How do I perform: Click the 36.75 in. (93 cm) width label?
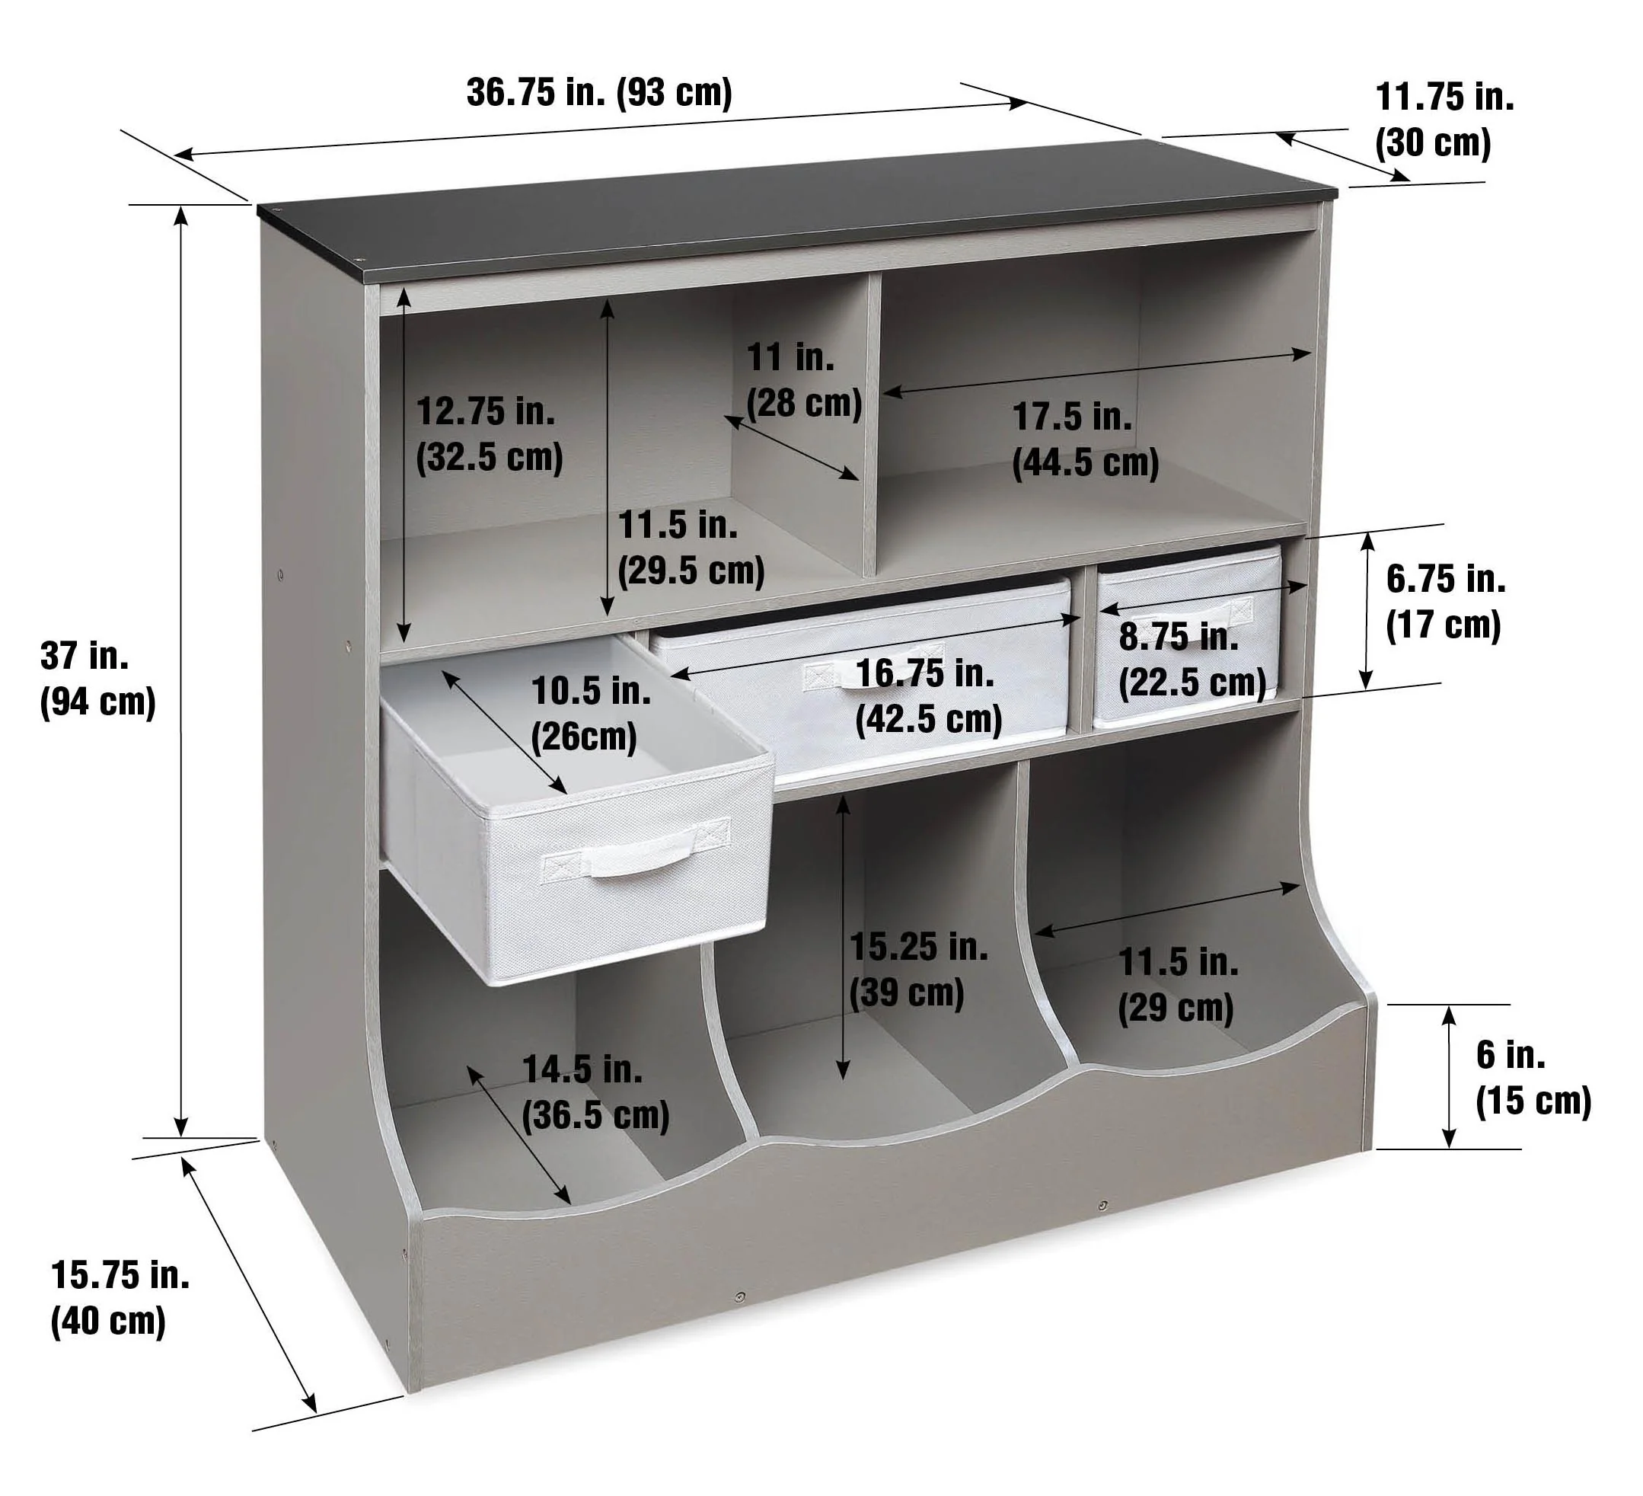coord(599,92)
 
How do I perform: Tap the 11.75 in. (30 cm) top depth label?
coord(1444,120)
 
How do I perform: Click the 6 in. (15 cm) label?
coord(1533,1078)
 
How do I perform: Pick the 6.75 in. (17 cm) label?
coord(1445,602)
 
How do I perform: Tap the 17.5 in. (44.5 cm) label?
coord(1085,440)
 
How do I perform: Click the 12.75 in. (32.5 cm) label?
coord(489,433)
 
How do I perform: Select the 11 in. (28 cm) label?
coord(803,380)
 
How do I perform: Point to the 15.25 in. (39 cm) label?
coord(918,970)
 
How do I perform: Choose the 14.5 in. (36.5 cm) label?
coord(595,1092)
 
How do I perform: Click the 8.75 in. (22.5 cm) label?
coord(1192,660)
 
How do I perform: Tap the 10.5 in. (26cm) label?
coord(590,714)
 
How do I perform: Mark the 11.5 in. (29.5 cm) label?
coord(691,547)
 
